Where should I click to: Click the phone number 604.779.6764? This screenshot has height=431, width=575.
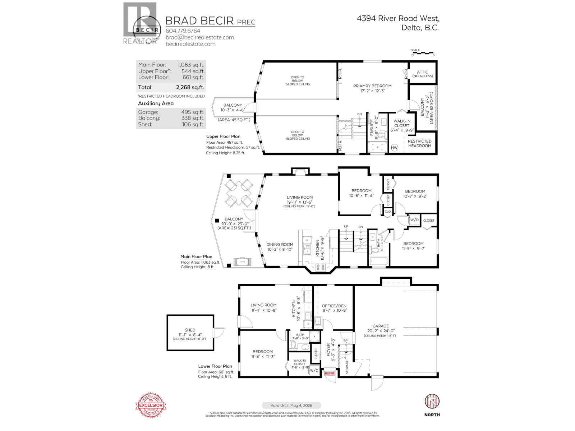[183, 31]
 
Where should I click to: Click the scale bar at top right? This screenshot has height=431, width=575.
[423, 53]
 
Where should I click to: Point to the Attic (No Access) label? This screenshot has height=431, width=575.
[423, 74]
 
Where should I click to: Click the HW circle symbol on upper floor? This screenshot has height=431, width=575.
[394, 148]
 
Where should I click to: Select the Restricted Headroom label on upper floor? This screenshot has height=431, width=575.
[419, 143]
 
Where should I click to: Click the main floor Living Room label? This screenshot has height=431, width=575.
[299, 197]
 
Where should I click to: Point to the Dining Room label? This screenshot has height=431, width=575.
[280, 245]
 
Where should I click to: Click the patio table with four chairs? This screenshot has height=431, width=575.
[238, 192]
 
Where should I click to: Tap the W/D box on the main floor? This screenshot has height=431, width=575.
[414, 219]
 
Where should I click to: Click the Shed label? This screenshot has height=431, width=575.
[190, 330]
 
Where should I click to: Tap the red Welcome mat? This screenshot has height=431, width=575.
[330, 374]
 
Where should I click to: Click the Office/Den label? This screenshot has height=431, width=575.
[334, 306]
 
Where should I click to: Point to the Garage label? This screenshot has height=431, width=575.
[381, 326]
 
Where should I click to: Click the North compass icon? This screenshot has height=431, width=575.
[432, 401]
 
